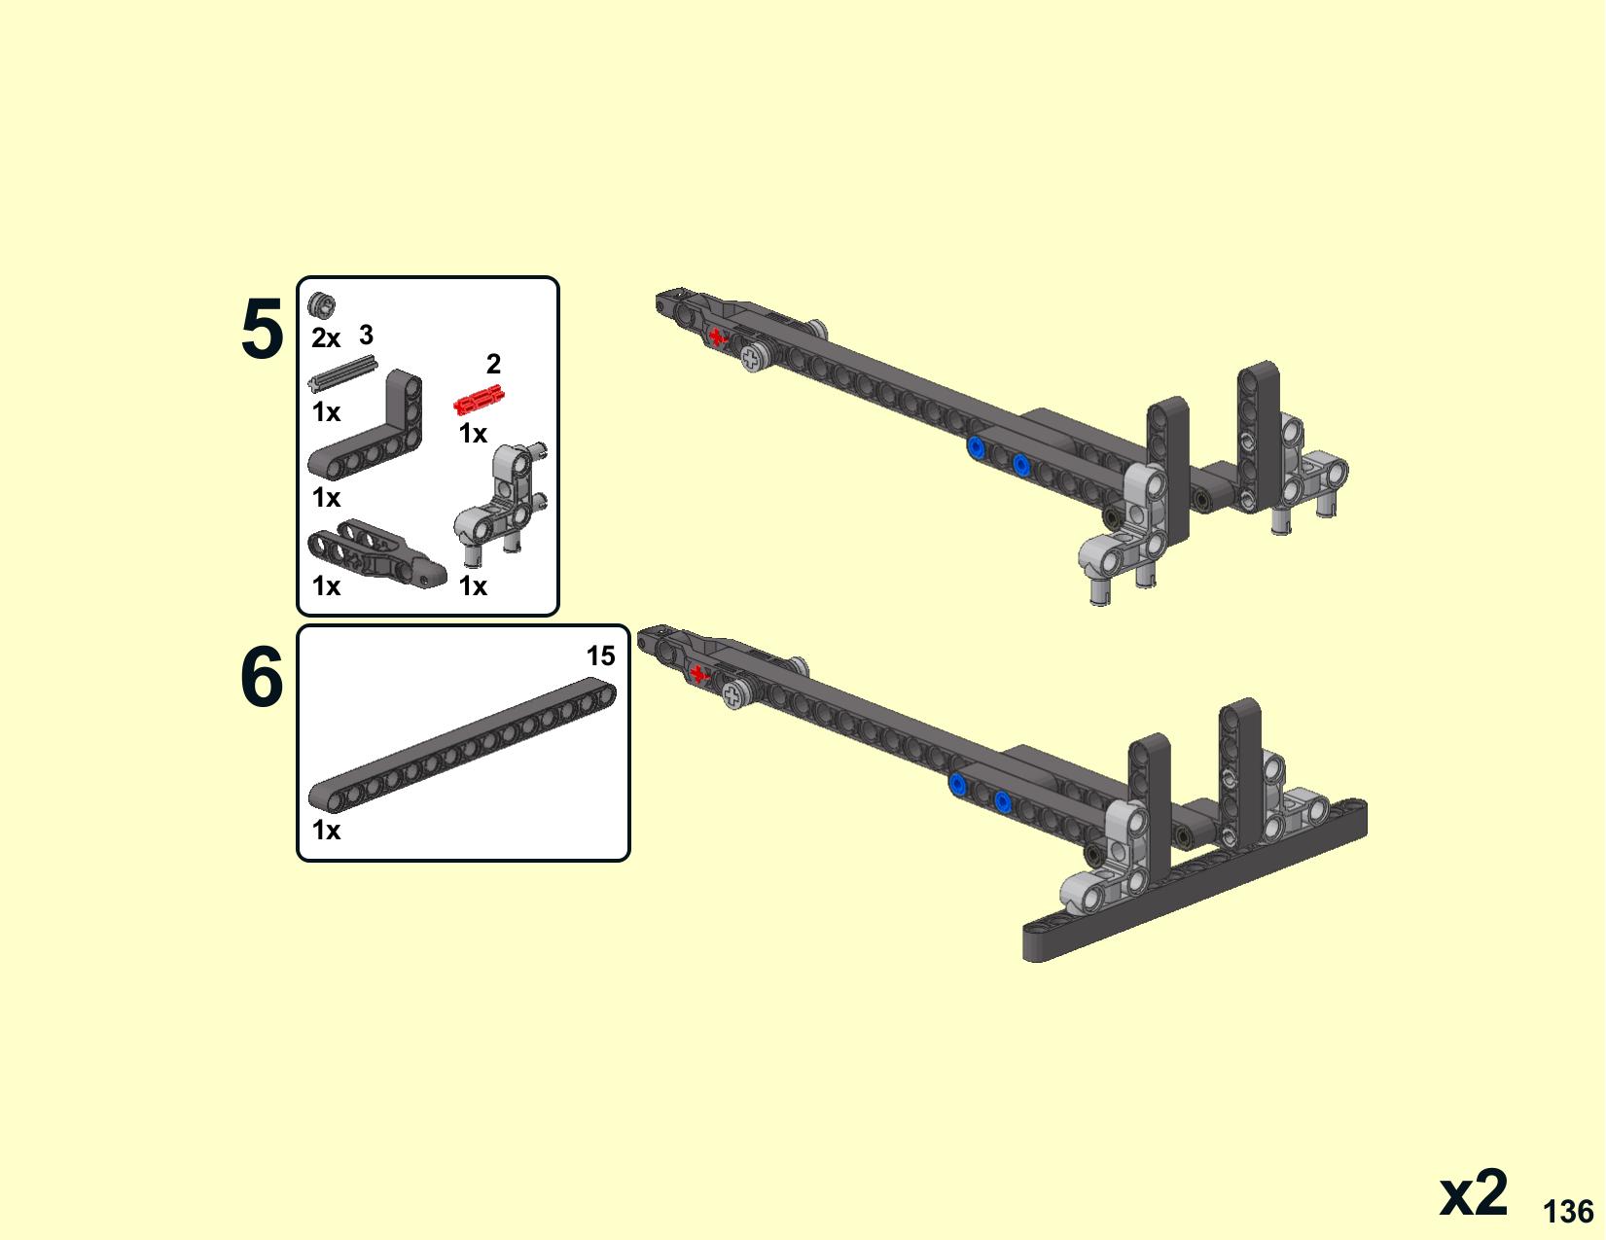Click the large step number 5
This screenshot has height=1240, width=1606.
pos(263,329)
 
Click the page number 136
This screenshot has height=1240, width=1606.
pos(1568,1212)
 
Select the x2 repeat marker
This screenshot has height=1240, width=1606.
pos(1473,1194)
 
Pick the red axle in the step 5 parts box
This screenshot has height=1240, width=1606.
pos(479,401)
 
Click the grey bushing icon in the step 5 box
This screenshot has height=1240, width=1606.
pos(322,304)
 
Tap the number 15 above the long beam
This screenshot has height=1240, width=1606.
pos(600,655)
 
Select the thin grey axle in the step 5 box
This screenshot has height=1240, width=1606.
pos(343,373)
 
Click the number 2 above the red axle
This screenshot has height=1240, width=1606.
pos(493,364)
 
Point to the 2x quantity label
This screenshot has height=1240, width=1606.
pos(326,338)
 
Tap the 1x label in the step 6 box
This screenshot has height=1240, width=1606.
pos(326,831)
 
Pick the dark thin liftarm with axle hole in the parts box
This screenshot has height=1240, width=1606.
pos(375,552)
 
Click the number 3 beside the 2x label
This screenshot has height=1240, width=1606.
pos(366,335)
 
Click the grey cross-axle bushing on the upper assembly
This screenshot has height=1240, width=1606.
pos(753,359)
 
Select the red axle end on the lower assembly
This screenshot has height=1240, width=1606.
pos(697,674)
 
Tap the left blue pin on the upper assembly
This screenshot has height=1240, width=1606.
pos(976,446)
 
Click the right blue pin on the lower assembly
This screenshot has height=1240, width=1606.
pos(1002,801)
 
